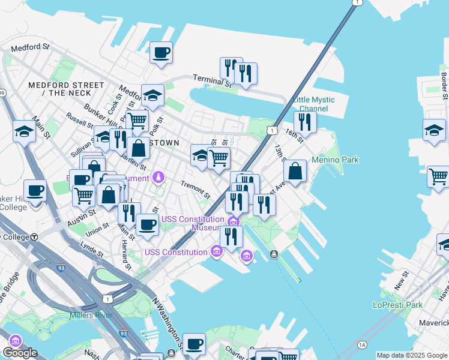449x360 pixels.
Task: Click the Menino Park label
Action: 335,160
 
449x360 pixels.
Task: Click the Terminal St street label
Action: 212,80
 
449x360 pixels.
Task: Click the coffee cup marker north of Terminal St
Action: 161,53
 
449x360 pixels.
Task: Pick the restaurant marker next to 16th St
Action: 305,122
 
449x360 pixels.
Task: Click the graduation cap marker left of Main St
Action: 24,131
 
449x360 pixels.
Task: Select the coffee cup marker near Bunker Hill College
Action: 35,191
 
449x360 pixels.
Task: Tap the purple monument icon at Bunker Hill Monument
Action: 158,178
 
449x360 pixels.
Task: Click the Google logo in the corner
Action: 20,353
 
